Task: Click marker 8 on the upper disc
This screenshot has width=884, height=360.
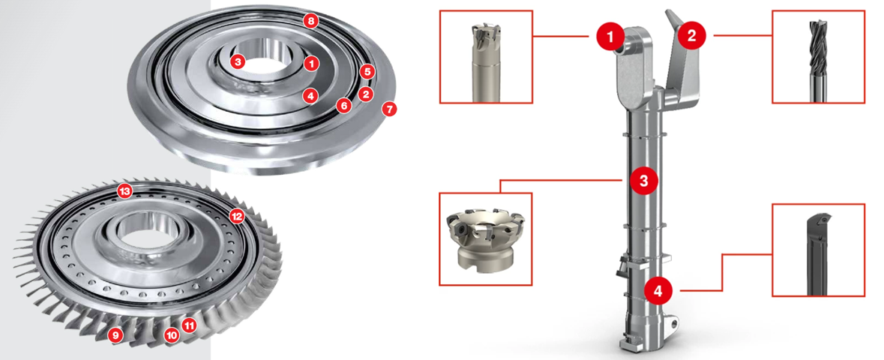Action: click(310, 22)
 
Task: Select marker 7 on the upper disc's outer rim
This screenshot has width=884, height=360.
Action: click(389, 108)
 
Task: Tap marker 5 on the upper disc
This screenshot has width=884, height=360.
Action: click(367, 72)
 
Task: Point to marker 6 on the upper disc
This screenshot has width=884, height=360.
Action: click(344, 105)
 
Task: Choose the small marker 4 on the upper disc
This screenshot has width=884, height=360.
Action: click(310, 96)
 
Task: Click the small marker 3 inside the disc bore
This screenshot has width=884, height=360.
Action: click(238, 61)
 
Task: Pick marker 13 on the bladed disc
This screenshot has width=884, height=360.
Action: click(125, 192)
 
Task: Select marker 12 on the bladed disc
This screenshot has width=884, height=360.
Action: click(237, 215)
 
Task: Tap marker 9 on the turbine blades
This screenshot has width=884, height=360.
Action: click(115, 336)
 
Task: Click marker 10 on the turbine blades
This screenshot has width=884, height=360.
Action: click(172, 336)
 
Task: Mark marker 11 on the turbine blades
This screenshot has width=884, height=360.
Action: click(190, 325)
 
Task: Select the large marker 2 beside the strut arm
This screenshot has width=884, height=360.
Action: click(691, 36)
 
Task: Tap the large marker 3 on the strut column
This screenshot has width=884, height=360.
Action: click(644, 181)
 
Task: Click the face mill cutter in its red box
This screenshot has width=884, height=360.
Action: click(485, 240)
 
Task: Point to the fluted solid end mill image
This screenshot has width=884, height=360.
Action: click(817, 61)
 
